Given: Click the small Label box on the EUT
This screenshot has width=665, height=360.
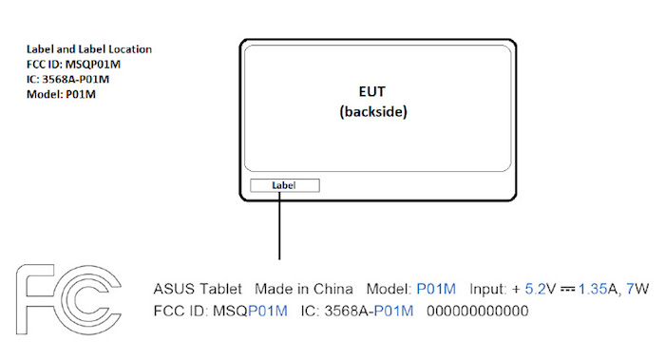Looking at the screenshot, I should [x=285, y=184].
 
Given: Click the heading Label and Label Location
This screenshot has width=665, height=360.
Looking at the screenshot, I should [x=89, y=49].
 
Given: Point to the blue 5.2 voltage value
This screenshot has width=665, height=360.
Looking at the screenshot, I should [x=535, y=288].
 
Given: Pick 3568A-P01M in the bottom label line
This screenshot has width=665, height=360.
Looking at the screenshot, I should [x=373, y=311].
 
